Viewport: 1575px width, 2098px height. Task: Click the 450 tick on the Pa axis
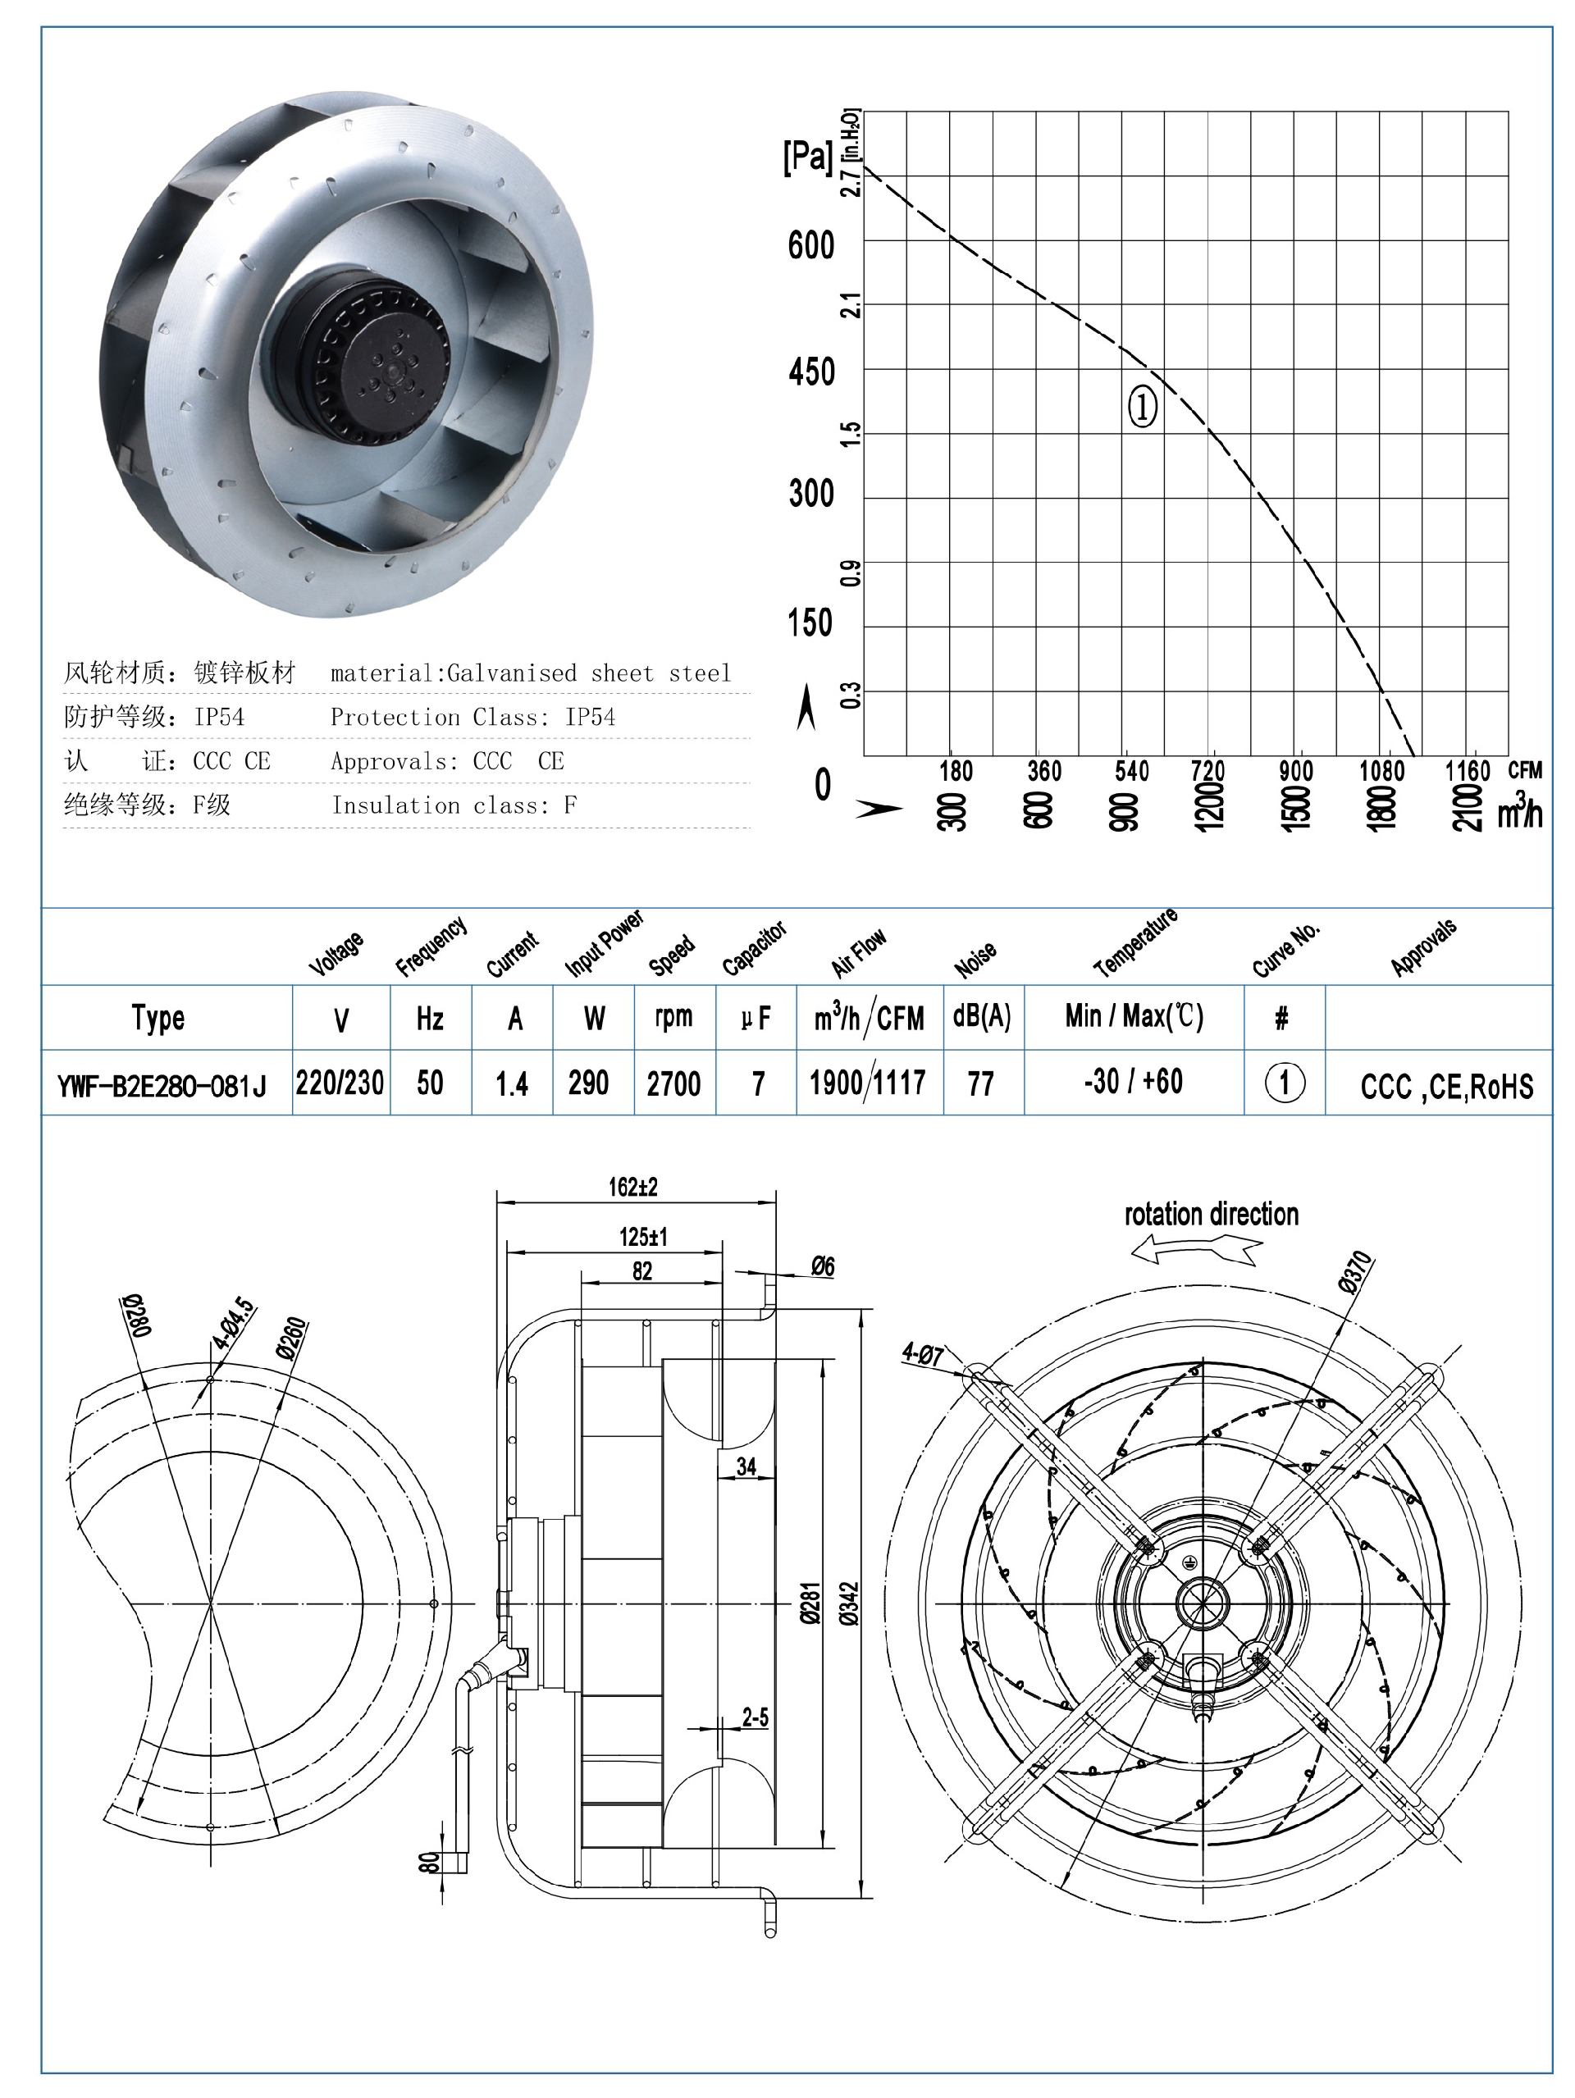point(811,372)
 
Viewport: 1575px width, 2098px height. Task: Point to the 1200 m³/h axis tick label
point(1209,807)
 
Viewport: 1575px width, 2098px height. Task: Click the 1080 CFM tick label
point(1381,771)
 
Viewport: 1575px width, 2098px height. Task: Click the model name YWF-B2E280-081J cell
point(162,1085)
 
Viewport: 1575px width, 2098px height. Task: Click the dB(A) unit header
point(982,1017)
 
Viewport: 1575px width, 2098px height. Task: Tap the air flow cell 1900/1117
point(867,1082)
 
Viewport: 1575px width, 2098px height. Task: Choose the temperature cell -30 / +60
point(1133,1081)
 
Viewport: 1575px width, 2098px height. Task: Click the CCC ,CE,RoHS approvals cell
point(1446,1086)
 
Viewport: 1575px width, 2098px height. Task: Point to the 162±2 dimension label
point(632,1187)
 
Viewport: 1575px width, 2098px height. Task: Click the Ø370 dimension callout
point(1356,1272)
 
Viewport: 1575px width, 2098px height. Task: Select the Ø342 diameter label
point(849,1603)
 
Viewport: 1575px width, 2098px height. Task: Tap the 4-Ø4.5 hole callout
point(234,1323)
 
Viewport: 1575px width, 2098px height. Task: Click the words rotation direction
point(1211,1214)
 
